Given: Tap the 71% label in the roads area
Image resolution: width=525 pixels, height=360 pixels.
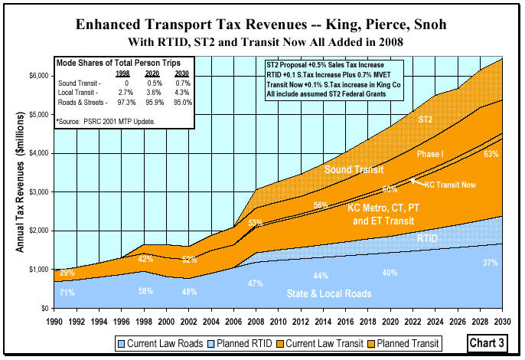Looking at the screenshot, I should [67, 293].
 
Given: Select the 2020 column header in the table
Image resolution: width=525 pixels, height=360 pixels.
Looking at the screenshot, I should [152, 74].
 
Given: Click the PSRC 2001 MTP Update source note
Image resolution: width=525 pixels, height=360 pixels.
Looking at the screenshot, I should [114, 120].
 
